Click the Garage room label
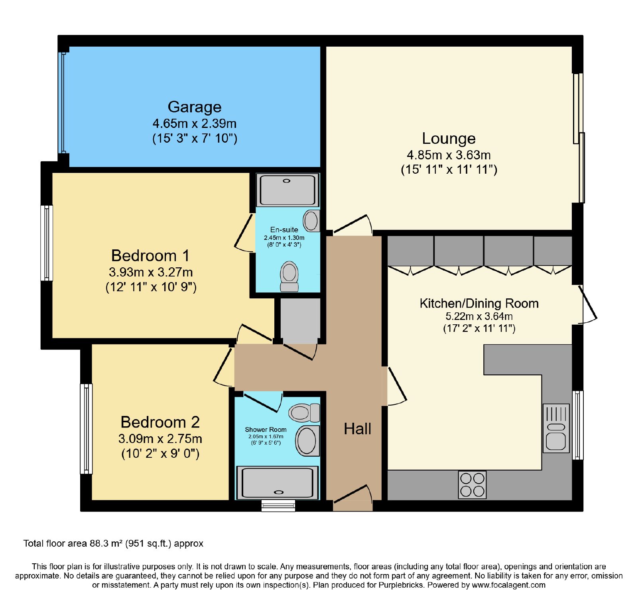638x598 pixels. point(195,107)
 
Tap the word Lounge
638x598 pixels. point(449,138)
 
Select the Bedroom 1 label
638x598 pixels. point(150,255)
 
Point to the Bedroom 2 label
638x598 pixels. point(160,422)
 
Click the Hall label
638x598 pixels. point(357,429)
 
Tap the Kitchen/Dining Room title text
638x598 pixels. point(479,304)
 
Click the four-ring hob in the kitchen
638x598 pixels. point(472,485)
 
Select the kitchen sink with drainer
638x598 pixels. point(556,428)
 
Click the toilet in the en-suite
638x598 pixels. point(289,276)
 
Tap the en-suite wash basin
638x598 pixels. point(311,221)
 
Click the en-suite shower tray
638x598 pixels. point(287,190)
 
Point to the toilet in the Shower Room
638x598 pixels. point(304,413)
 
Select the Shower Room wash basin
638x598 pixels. point(307,441)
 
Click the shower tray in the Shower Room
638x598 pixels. point(278,483)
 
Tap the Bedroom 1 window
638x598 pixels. point(47,243)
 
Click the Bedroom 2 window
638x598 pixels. point(86,429)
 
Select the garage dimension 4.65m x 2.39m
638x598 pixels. point(195,124)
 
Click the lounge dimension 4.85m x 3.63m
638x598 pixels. point(449,155)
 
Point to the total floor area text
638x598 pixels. point(113,543)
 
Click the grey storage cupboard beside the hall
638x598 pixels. point(300,321)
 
